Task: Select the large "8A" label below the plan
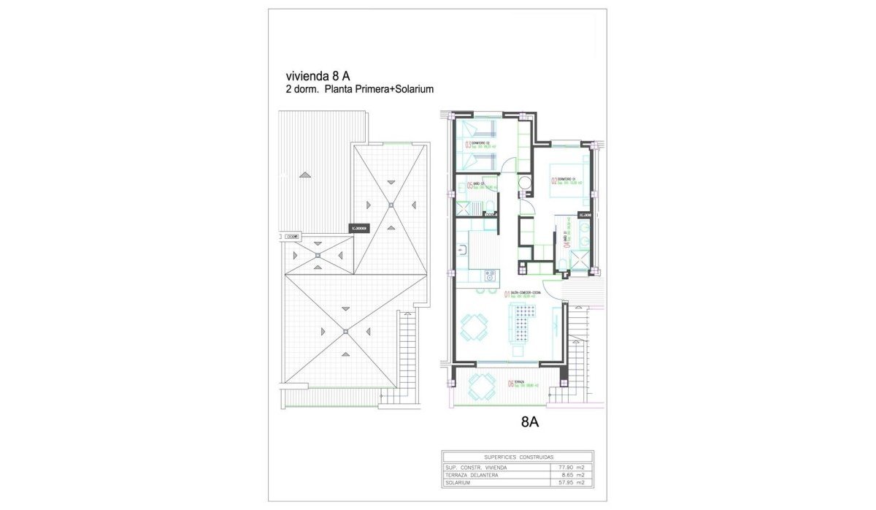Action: click(530, 421)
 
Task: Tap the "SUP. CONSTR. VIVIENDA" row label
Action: click(475, 467)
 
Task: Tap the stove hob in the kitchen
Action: click(490, 275)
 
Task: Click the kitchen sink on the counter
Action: click(462, 251)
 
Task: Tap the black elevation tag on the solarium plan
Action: click(360, 228)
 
